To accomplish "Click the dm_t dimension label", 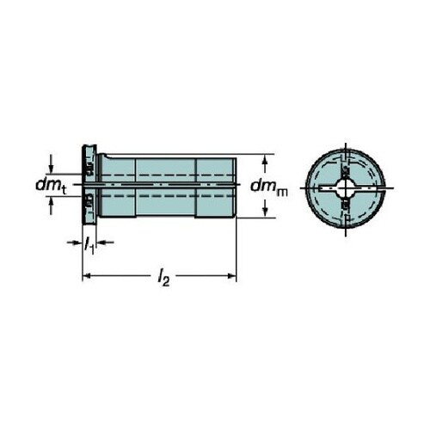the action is point(51,186).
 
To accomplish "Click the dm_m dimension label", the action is point(268,187).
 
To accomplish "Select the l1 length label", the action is point(89,244).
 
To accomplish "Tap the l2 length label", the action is point(163,278).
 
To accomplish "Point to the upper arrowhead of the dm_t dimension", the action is point(51,169).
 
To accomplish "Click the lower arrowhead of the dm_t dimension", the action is point(51,200).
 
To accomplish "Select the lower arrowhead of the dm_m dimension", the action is point(265,212).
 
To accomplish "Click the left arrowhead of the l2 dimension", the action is point(87,276).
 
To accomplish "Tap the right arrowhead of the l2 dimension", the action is point(232,276).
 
